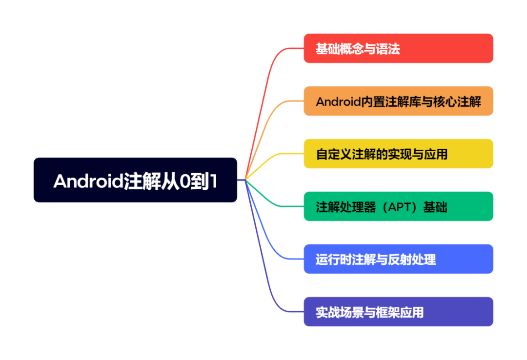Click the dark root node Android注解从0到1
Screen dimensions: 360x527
pyautogui.click(x=135, y=180)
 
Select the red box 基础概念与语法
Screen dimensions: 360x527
pyautogui.click(x=398, y=48)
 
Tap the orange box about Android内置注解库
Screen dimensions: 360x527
pyautogui.click(x=398, y=101)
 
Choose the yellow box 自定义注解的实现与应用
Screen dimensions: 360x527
pyautogui.click(x=398, y=154)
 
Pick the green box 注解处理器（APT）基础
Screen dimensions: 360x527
pyautogui.click(x=398, y=206)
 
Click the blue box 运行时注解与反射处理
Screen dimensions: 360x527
pyautogui.click(x=398, y=259)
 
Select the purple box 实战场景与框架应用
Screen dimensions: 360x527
pyautogui.click(x=398, y=312)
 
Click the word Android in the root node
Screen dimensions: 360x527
pyautogui.click(x=88, y=181)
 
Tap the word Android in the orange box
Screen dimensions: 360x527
pyautogui.click(x=336, y=101)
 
